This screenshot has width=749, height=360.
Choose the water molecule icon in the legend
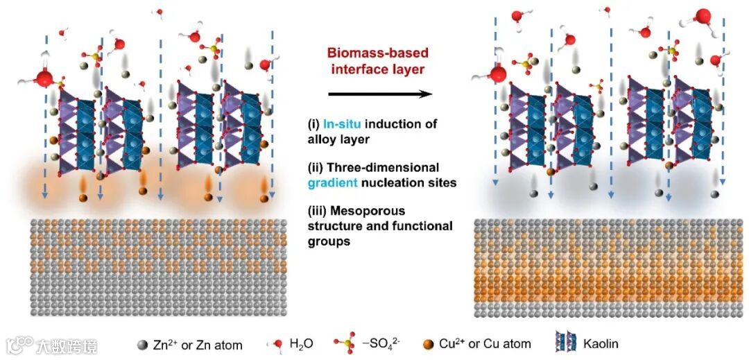tap(277, 343)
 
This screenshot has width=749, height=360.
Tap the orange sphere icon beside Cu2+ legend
tap(429, 343)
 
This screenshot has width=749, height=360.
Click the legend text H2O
tap(303, 344)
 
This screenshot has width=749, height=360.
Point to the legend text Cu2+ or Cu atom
tap(485, 343)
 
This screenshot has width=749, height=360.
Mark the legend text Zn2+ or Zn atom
tap(198, 344)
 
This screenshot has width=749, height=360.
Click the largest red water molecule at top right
tap(703, 16)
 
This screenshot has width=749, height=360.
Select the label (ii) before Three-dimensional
tap(318, 167)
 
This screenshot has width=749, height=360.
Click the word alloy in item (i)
tap(322, 139)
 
